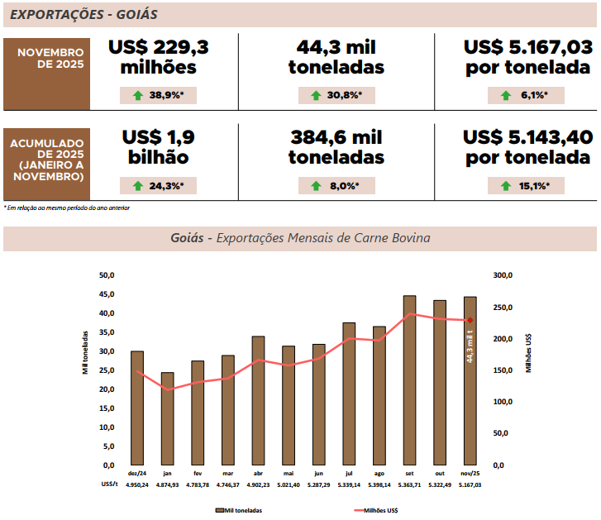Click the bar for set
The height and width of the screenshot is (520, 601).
pos(409,380)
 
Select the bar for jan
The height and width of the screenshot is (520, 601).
pos(167,418)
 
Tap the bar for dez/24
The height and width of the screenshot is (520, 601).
pos(137,408)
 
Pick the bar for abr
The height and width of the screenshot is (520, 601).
pos(258,400)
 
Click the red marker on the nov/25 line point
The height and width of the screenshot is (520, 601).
pos(470,320)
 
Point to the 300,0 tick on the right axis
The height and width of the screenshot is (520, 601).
pos(503,275)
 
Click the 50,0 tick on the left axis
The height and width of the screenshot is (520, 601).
pos(106,275)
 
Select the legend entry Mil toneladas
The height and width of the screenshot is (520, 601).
pos(239,511)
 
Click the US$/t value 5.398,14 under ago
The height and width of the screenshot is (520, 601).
pos(379,484)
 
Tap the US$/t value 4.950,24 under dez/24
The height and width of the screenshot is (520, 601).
pos(137,484)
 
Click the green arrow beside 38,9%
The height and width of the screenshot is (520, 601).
pos(137,95)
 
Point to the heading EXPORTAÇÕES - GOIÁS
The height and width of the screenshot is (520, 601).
pos(83,15)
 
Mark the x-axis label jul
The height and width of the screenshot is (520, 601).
pos(348,473)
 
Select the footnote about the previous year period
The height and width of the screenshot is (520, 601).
pos(66,208)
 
